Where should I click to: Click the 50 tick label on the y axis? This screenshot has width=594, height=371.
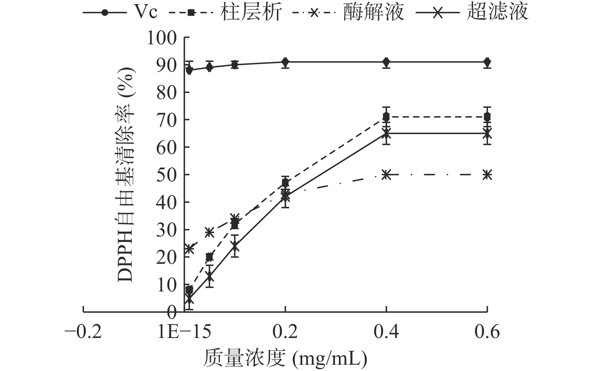point(167,175)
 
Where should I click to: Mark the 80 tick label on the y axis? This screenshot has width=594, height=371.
point(167,92)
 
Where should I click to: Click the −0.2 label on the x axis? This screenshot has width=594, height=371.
point(83,332)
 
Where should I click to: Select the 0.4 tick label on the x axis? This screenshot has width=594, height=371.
point(386,332)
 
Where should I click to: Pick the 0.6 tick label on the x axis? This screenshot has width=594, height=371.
point(487,332)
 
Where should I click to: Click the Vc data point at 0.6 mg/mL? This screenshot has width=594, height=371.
point(487,62)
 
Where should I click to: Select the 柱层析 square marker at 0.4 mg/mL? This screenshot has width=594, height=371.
point(386,117)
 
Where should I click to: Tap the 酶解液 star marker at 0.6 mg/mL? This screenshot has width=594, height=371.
point(487,174)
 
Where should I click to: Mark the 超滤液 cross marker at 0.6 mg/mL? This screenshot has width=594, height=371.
point(487,134)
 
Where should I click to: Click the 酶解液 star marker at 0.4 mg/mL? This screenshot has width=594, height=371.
point(386,174)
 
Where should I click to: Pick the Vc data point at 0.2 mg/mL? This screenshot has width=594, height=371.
point(285,62)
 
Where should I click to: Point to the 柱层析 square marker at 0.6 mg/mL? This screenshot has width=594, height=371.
point(487,117)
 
